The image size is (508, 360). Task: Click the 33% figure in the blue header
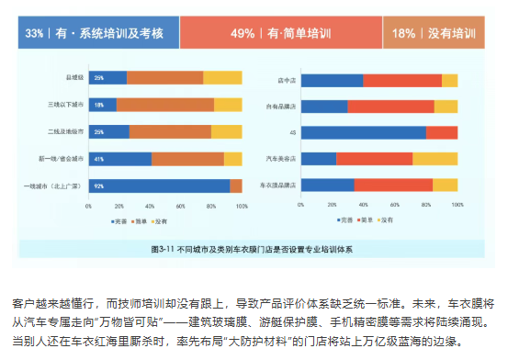[x=34, y=33]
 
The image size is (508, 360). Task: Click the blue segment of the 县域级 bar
[x=107, y=78]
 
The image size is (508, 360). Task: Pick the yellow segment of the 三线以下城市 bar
[x=227, y=105]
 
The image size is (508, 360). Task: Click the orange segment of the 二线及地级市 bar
[x=170, y=131]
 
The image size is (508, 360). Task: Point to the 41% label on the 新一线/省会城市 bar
[x=98, y=159]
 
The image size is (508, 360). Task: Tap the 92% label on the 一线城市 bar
[x=98, y=186]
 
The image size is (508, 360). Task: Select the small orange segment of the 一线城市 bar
[x=236, y=186]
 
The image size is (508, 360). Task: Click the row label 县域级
[x=75, y=78]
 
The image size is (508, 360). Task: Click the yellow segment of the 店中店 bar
[x=449, y=81]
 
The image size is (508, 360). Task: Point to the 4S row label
[x=292, y=132]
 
